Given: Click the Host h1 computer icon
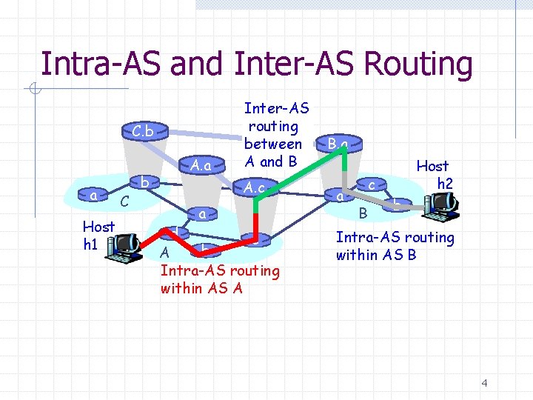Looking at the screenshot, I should pos(123,245).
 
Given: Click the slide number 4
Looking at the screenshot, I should pos(484,383).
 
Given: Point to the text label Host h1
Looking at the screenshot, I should pos(98,235).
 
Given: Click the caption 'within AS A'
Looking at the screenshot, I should pos(201,288).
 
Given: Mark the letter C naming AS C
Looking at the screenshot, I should pos(126,200).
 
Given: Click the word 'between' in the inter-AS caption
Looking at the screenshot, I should pos(273,144).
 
